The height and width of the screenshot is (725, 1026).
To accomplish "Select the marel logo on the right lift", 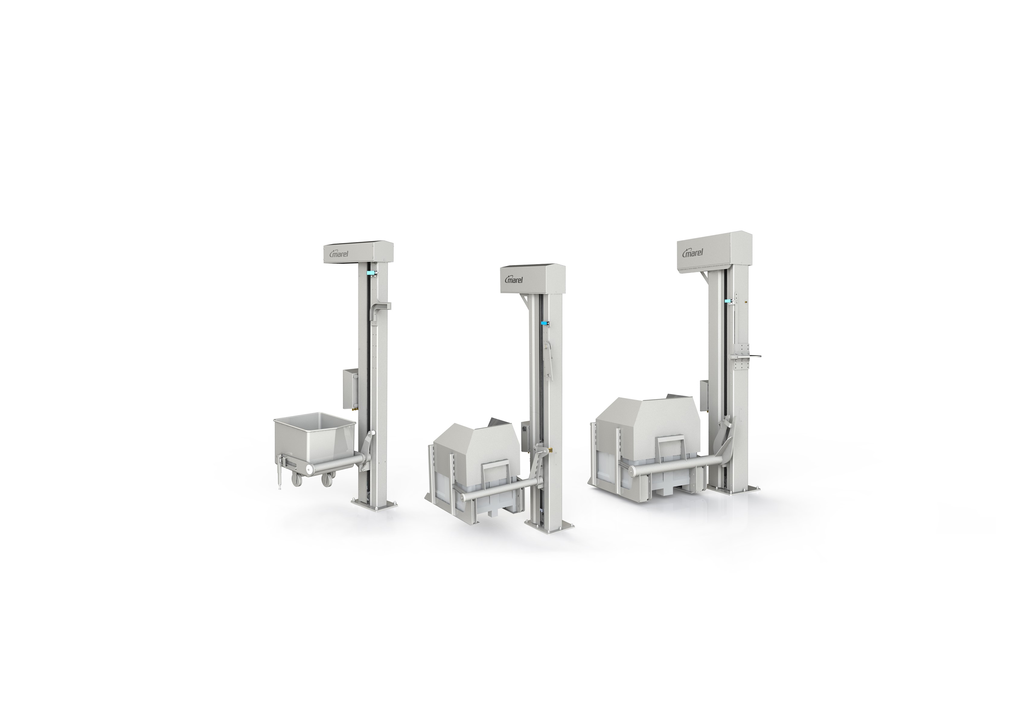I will pyautogui.click(x=694, y=253).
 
